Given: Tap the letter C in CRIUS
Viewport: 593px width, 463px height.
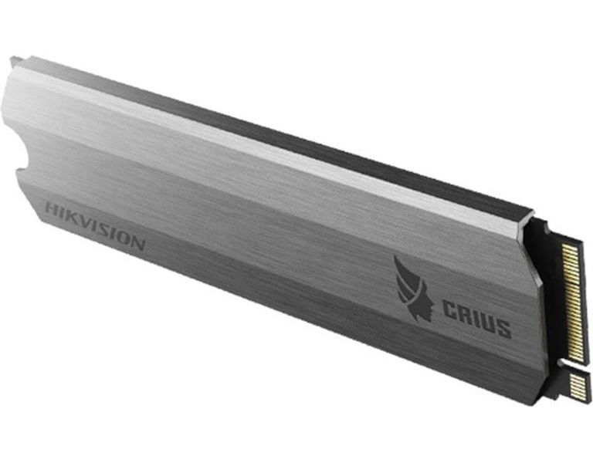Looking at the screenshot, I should tap(449, 311).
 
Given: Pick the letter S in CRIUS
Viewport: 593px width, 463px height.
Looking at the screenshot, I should tap(503, 329).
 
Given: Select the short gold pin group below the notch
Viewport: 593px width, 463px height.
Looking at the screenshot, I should tap(577, 384).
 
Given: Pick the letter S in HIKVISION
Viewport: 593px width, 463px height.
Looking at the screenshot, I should tap(105, 231).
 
